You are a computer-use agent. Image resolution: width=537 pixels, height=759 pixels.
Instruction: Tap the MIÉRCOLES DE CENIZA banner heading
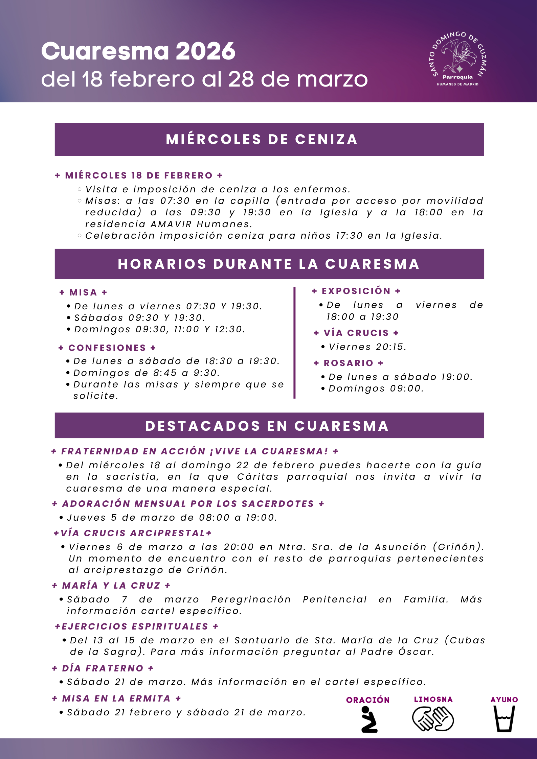pos(262,139)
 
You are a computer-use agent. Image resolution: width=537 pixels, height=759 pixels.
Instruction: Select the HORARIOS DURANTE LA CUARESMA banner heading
pos(269,264)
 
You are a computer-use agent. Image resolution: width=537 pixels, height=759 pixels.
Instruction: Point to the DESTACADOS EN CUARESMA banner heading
pos(267,426)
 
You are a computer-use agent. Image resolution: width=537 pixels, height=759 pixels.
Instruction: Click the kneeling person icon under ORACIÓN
pos(368,719)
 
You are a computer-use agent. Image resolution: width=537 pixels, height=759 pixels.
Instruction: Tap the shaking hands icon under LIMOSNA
pos(433,719)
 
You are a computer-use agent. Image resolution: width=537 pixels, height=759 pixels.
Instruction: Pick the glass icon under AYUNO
pos(504,719)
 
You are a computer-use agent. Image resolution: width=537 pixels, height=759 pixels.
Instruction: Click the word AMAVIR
pos(171,224)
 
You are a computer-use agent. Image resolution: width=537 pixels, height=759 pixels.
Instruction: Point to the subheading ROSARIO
pos(349,363)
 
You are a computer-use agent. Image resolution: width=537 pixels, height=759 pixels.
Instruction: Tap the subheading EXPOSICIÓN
pos(356,291)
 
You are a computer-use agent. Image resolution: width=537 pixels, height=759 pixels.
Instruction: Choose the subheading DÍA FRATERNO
pos(103,668)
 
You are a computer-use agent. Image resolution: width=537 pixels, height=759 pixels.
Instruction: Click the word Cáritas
pos(258,477)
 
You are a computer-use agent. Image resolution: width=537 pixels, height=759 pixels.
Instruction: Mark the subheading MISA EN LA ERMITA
pos(116,698)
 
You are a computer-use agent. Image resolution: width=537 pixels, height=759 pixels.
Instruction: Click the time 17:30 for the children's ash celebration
pos(349,236)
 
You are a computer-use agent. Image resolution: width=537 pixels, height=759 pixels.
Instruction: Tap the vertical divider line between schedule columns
pos(294,342)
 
